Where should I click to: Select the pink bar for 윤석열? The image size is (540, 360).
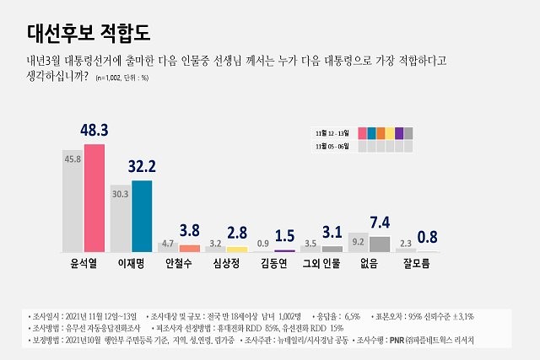coord(94,198)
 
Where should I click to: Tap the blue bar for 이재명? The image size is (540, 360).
coord(142,216)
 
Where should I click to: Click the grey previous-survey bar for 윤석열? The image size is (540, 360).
coord(73,202)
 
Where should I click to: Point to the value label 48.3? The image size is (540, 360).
coord(93,131)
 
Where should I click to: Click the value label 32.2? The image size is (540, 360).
coord(143,167)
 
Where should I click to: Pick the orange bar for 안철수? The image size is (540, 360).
coord(190,248)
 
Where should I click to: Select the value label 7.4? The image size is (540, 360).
coord(380,223)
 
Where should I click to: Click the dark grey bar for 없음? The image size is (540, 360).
coord(380,244)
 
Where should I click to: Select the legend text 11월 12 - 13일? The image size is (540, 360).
coord(332,133)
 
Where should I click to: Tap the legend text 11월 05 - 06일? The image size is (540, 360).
coord(332,146)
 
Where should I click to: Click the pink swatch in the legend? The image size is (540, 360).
coord(362,133)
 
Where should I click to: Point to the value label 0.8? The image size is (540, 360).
coord(429,238)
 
